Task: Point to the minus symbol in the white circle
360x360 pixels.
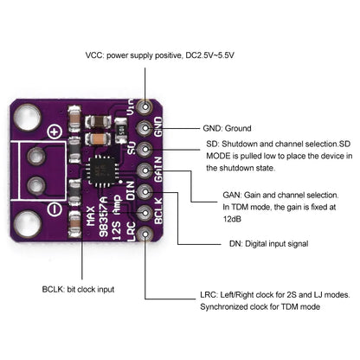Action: tap(53, 209)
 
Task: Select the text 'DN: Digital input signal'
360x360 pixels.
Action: tap(268, 244)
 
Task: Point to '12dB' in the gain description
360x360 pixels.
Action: tap(234, 219)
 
